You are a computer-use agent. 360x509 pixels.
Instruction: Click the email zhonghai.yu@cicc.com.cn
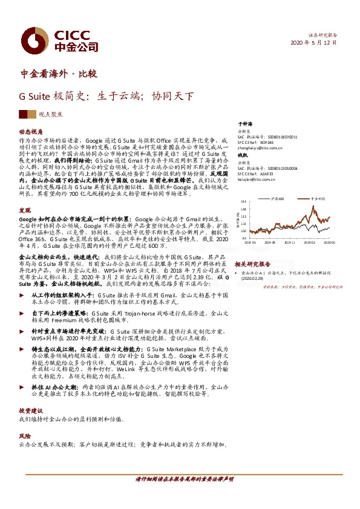(x=260, y=146)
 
